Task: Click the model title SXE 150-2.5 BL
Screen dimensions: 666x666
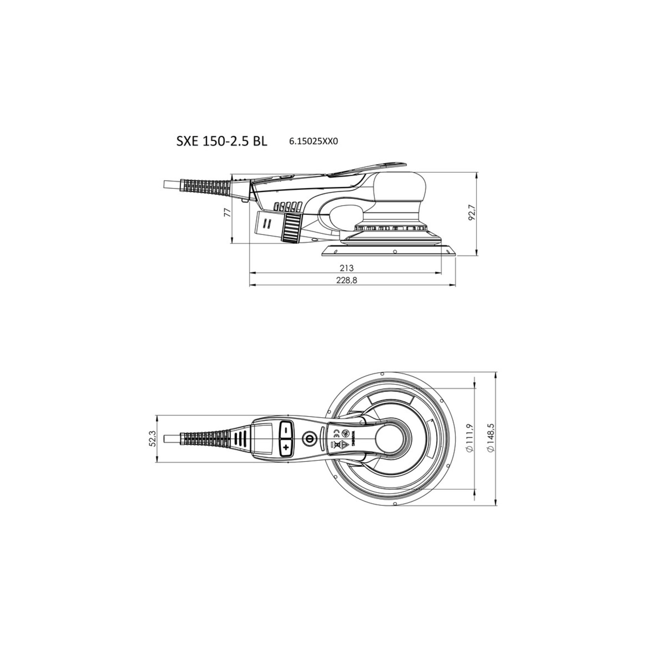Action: coord(222,142)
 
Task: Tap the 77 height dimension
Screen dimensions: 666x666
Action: coord(227,213)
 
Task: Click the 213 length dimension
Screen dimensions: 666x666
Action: coord(347,268)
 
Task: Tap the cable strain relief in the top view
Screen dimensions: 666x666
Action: coord(205,439)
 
